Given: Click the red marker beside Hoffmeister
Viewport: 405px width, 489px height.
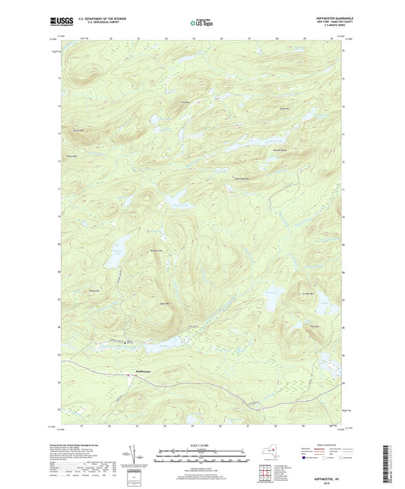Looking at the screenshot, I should [128, 373].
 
